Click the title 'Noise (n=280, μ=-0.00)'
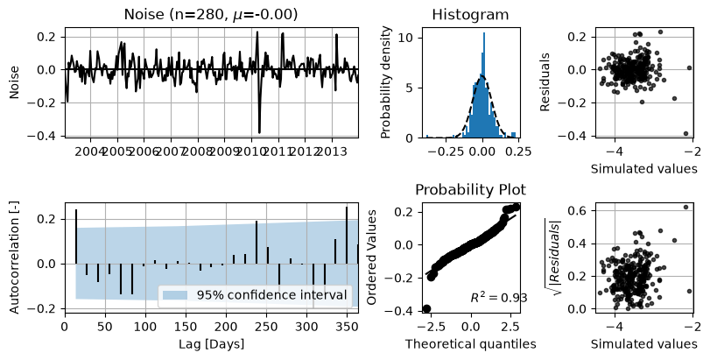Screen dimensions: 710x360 pos(211,15)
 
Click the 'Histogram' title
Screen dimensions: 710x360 pos(470,15)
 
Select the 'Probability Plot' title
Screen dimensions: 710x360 pos(470,189)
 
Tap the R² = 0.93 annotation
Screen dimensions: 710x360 pos(498,298)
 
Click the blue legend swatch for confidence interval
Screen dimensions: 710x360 pos(174,295)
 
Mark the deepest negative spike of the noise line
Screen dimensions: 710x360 pos(259,132)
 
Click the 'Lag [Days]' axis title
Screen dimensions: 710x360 pos(212,343)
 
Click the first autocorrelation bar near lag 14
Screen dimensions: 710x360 pos(76,236)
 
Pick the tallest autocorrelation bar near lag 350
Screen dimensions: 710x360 pos(347,235)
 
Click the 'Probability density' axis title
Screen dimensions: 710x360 pos(385,82)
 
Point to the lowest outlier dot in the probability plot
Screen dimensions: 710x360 pos(426,309)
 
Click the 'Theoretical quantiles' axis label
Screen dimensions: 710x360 pos(470,344)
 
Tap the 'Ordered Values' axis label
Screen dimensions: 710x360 pos(372,258)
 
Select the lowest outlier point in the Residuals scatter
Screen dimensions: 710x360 pos(685,134)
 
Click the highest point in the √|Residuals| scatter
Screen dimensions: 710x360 pos(685,207)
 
